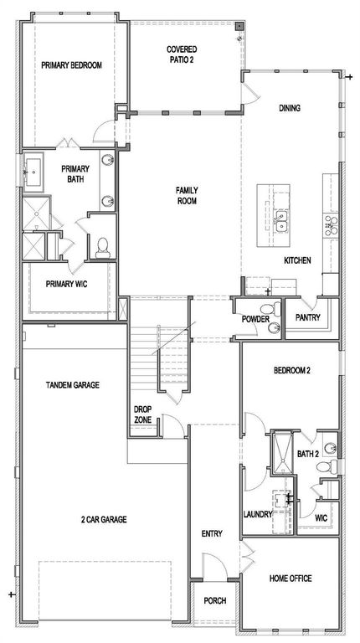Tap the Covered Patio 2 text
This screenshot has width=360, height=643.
tap(182, 54)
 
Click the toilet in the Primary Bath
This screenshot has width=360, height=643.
tap(102, 246)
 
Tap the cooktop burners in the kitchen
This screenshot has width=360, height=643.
tap(329, 224)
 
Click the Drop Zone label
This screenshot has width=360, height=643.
tap(142, 414)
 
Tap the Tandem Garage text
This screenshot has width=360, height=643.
tap(73, 385)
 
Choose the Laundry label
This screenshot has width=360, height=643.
tap(256, 513)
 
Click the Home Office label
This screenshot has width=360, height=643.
tap(291, 579)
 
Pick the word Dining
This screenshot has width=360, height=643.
tap(291, 108)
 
